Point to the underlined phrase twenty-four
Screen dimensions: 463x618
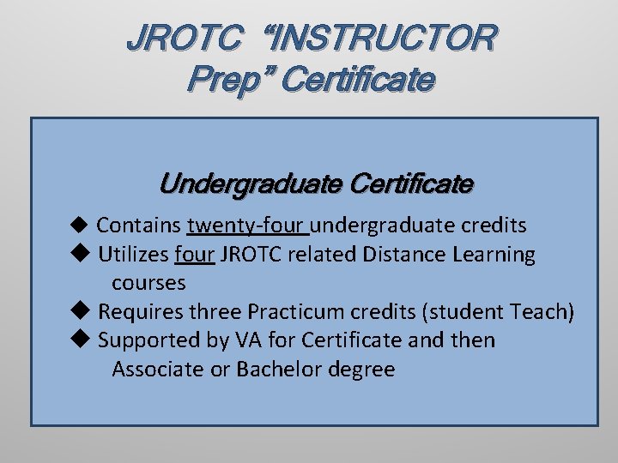tap(246, 225)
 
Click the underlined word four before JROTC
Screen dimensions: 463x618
tap(194, 255)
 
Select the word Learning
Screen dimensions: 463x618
tap(493, 256)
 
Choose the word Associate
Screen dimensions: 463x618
tap(155, 370)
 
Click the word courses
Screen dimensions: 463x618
tap(148, 283)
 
